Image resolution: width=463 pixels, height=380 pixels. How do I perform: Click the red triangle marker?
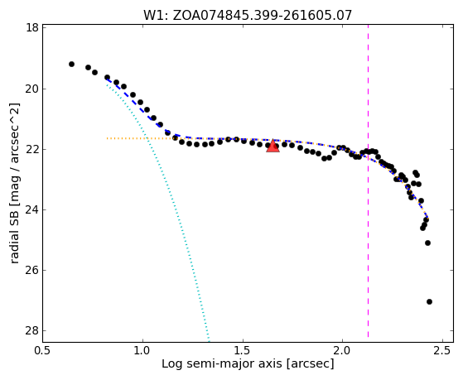tap(272, 147)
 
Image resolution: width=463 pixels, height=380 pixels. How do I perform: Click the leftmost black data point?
tap(71, 64)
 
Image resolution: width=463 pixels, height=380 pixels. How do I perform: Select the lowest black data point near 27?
tap(429, 301)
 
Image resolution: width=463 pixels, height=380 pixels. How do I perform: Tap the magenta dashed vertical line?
tap(369, 180)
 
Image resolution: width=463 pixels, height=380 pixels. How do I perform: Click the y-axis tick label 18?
tap(32, 28)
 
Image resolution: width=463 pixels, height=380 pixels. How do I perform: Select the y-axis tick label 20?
tap(32, 89)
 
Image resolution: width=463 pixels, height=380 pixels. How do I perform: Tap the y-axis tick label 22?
tap(32, 149)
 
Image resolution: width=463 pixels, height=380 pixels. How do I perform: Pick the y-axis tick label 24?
tap(32, 209)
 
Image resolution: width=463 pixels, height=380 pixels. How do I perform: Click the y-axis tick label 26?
tap(32, 270)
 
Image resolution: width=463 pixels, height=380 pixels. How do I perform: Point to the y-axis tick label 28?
tap(32, 330)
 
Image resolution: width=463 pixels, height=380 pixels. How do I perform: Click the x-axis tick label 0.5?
tap(43, 350)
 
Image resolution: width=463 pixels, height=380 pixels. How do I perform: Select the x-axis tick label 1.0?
tap(142, 350)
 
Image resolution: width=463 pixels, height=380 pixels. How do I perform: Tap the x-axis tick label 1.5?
tap(243, 350)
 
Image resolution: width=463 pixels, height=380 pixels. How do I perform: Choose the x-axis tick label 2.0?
tap(342, 350)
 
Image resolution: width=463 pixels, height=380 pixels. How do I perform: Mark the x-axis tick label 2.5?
tap(442, 350)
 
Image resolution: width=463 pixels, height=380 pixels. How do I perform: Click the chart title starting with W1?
tap(248, 16)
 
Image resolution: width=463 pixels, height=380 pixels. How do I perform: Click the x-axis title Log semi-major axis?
tap(248, 363)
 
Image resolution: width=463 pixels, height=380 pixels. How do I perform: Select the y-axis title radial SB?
tap(15, 183)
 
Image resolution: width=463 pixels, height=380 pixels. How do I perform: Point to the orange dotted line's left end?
tap(107, 138)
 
